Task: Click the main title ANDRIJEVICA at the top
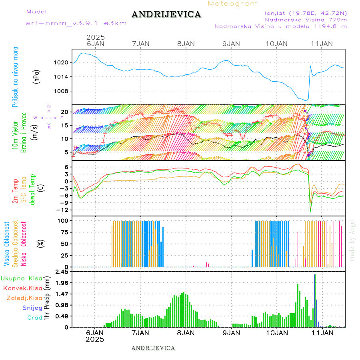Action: (x=166, y=15)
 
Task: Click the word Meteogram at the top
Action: (x=233, y=4)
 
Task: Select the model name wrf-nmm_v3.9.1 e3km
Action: (x=76, y=23)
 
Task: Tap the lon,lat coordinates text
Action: (x=303, y=13)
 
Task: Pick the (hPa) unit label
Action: (x=37, y=76)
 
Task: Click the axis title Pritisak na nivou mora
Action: (x=15, y=76)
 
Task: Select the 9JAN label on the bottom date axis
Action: (x=231, y=332)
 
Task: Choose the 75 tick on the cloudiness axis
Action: (x=64, y=232)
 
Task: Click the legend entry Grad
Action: (x=34, y=318)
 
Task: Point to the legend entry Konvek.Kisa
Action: (x=22, y=288)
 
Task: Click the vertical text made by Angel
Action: (x=352, y=240)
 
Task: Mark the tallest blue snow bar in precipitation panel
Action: (x=315, y=300)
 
